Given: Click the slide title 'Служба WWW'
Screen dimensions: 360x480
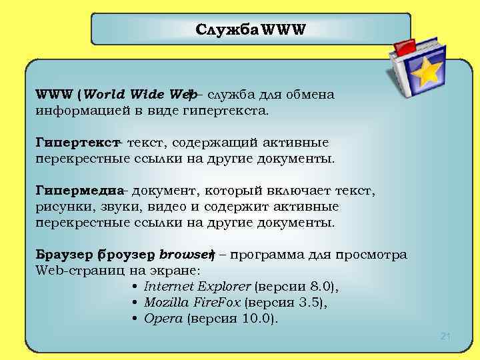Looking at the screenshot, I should coord(250,30).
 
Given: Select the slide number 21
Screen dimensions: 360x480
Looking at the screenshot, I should coord(446,337).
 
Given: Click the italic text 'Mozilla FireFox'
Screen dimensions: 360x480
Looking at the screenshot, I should coord(192,303).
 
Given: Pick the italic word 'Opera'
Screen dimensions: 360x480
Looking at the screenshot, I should coord(163,318).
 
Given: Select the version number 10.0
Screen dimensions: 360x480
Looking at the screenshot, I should coord(257,318).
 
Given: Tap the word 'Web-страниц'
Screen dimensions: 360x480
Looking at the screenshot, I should coord(75,271).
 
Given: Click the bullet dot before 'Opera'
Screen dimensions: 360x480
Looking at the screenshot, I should coord(135,318).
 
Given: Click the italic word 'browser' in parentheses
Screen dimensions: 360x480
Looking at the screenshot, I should coord(184,255).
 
